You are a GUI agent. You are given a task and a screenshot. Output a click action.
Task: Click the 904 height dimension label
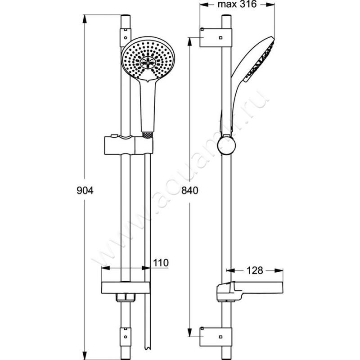84,190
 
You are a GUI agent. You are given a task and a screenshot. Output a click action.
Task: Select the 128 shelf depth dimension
254,270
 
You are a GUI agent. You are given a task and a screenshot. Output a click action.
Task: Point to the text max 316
237,5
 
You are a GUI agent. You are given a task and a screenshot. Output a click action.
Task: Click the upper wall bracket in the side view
216,37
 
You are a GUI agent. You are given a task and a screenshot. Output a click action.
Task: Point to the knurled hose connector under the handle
146,134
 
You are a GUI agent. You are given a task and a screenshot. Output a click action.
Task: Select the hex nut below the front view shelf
126,297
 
